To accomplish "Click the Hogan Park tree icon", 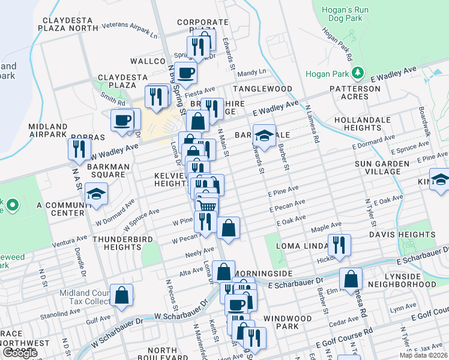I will point(358,73).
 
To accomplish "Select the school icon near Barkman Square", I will point(96,194).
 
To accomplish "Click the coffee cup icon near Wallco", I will point(185,73).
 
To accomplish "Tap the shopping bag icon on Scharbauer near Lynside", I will point(351,279).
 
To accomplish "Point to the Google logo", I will point(20,353).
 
